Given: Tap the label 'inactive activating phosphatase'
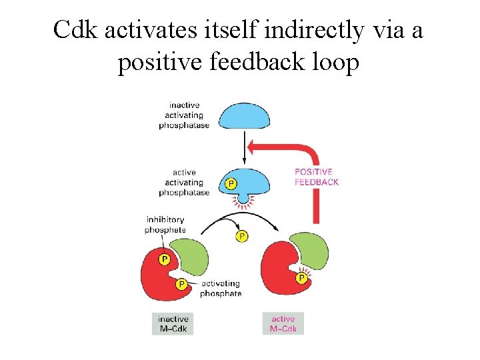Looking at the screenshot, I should pyautogui.click(x=184, y=115).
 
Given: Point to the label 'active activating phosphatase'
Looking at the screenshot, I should pyautogui.click(x=184, y=182).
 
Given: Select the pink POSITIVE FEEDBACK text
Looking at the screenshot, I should pyautogui.click(x=317, y=177).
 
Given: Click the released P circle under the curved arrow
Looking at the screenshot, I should pyautogui.click(x=241, y=236).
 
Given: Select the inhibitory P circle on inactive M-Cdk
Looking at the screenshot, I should pyautogui.click(x=164, y=259).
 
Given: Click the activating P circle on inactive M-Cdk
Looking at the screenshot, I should pyautogui.click(x=181, y=284).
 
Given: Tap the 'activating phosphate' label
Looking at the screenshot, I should pyautogui.click(x=221, y=288).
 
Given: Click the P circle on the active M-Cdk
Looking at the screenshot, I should pyautogui.click(x=301, y=277).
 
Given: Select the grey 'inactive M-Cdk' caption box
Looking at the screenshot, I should pyautogui.click(x=172, y=323).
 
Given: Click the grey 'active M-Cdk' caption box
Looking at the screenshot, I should pyautogui.click(x=283, y=323).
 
